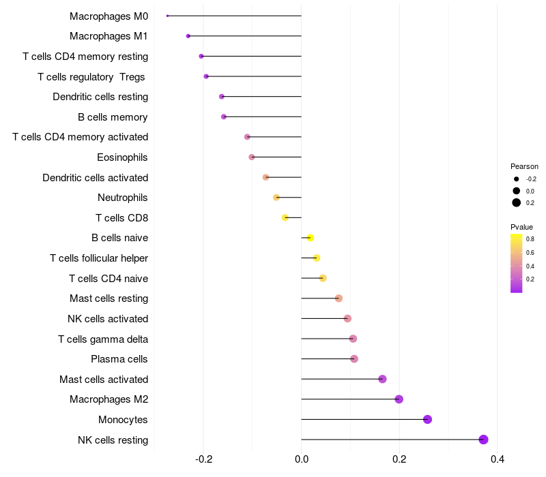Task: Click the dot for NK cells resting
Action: pos(484,440)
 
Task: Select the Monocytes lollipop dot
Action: pos(428,419)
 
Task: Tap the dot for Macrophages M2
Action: pos(399,399)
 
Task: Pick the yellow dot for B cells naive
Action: pos(311,238)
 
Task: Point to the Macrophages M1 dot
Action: pos(188,35)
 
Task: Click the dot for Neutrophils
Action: pos(276,198)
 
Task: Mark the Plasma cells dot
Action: pos(354,359)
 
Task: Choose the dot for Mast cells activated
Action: pos(383,379)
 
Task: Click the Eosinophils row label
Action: pos(123,157)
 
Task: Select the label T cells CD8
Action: pos(122,218)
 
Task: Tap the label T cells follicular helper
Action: pos(99,258)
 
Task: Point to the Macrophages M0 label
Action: pos(109,16)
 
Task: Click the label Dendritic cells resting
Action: pos(100,97)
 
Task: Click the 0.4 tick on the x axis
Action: pos(498,459)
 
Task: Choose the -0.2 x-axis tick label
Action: pos(203,459)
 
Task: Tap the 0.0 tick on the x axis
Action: pos(302,459)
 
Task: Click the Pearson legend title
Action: pos(524,166)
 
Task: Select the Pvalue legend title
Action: pos(522,227)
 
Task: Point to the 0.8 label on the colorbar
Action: pos(530,239)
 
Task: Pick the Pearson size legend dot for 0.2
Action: pos(517,202)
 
